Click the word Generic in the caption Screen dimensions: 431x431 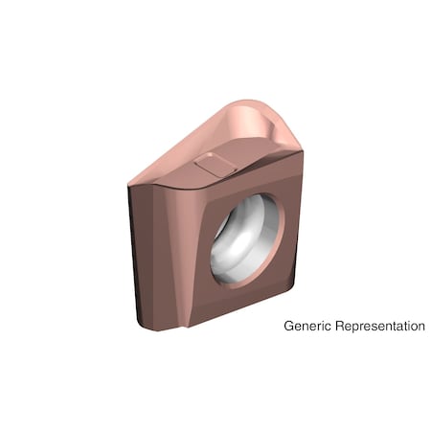coord(306,327)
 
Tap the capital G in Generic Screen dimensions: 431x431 coord(289,326)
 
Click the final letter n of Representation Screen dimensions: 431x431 coord(420,327)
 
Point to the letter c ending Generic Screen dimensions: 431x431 coord(324,327)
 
